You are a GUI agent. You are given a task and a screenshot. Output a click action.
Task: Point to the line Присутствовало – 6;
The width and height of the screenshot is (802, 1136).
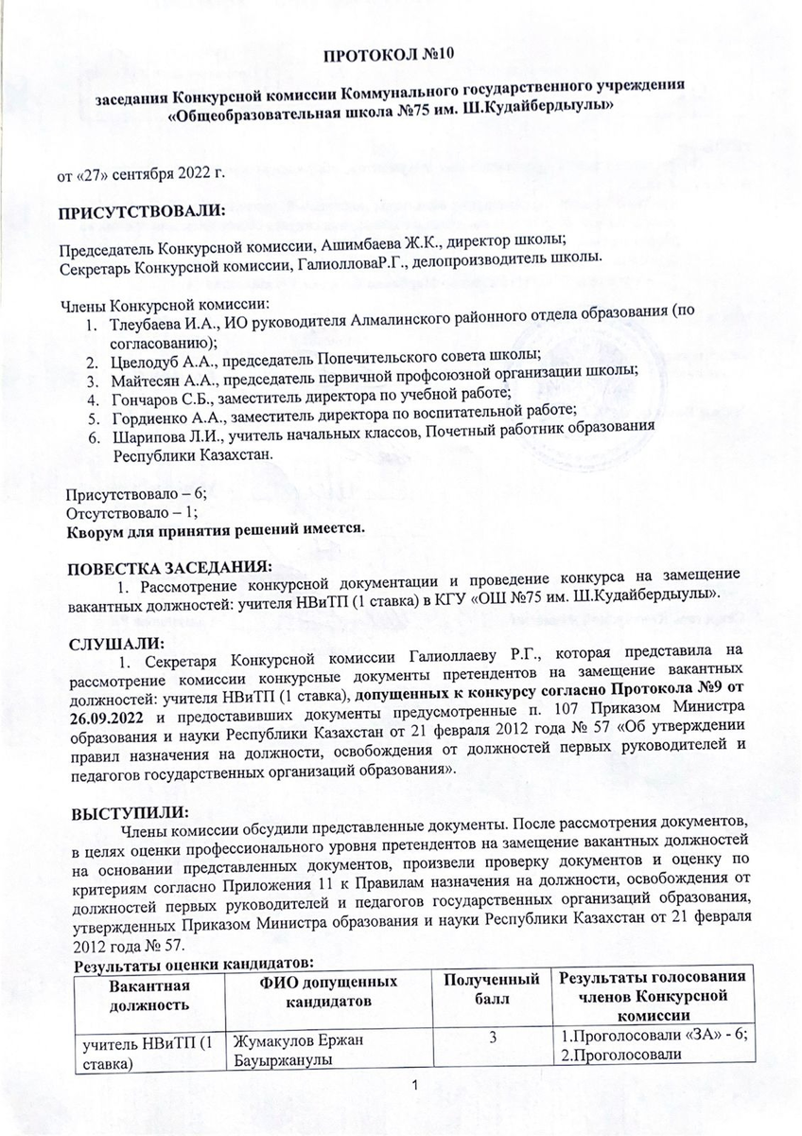tap(134, 496)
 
